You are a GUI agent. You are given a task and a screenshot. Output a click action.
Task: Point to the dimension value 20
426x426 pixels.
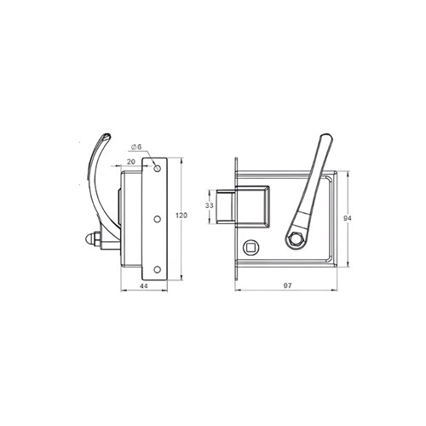coord(133,160)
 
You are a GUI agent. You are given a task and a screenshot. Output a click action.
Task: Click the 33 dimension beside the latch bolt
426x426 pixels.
coord(210,206)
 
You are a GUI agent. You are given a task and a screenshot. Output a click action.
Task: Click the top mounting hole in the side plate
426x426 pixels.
coord(157,168)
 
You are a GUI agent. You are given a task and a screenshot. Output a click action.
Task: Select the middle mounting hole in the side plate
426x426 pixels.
coord(157,218)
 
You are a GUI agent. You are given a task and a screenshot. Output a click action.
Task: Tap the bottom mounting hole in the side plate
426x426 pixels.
coord(157,269)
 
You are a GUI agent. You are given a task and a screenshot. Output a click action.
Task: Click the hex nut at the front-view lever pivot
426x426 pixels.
coord(295,241)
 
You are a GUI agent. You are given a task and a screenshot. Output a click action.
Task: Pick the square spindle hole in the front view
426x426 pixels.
coord(250,248)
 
